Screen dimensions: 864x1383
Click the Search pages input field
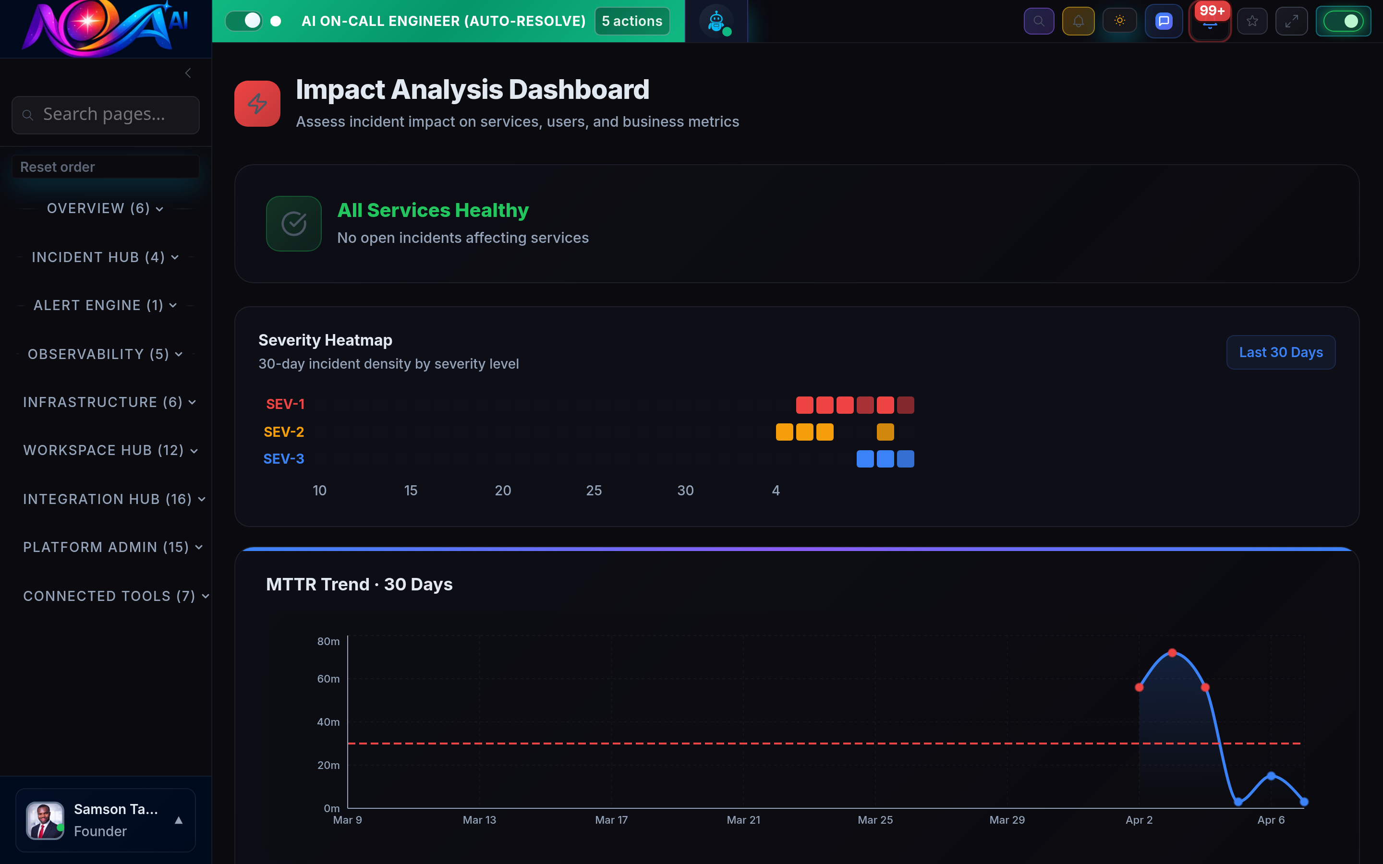coord(105,115)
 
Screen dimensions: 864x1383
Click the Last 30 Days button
coord(1280,353)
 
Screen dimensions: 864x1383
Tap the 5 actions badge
coord(631,21)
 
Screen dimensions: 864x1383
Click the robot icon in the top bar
coord(716,22)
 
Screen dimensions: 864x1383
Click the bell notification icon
coord(1078,22)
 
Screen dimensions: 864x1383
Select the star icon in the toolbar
coord(1251,22)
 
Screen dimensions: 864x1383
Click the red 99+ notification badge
coord(1212,11)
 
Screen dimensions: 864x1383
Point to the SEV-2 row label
coord(283,432)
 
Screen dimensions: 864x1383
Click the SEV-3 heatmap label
coord(283,459)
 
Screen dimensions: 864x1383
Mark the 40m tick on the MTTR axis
coord(328,722)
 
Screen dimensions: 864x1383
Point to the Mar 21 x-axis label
coord(743,820)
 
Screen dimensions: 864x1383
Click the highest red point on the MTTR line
coord(1172,653)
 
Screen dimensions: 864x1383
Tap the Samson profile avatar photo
coord(45,821)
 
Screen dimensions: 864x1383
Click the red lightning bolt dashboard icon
coord(257,103)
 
